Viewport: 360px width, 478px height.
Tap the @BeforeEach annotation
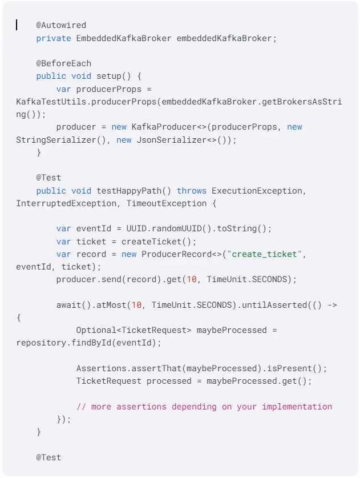tap(63, 63)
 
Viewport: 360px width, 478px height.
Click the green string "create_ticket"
tap(266, 254)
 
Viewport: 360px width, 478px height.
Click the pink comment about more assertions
tap(204, 407)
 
